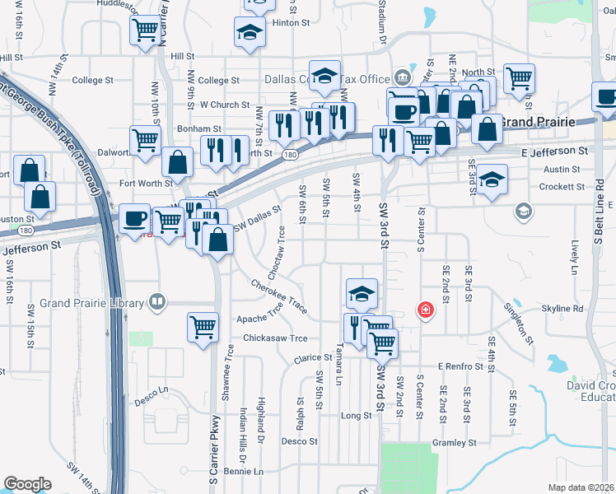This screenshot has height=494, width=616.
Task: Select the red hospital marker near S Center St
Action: click(x=425, y=310)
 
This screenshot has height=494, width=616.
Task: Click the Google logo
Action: click(x=27, y=484)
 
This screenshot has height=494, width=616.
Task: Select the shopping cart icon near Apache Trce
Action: click(x=203, y=325)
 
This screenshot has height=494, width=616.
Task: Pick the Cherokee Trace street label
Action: click(x=280, y=296)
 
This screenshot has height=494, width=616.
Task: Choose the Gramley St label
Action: click(x=455, y=442)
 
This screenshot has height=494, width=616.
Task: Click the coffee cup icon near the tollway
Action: click(x=135, y=218)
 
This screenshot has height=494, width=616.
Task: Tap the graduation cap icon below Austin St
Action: click(x=492, y=179)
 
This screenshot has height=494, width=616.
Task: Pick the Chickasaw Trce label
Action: click(x=275, y=338)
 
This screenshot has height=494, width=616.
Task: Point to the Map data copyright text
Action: click(x=581, y=487)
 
